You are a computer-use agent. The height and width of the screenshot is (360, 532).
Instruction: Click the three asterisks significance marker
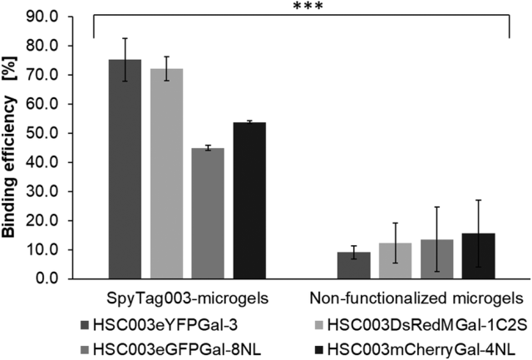[307, 7]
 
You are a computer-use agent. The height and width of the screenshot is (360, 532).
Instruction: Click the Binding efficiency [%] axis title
[14, 146]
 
